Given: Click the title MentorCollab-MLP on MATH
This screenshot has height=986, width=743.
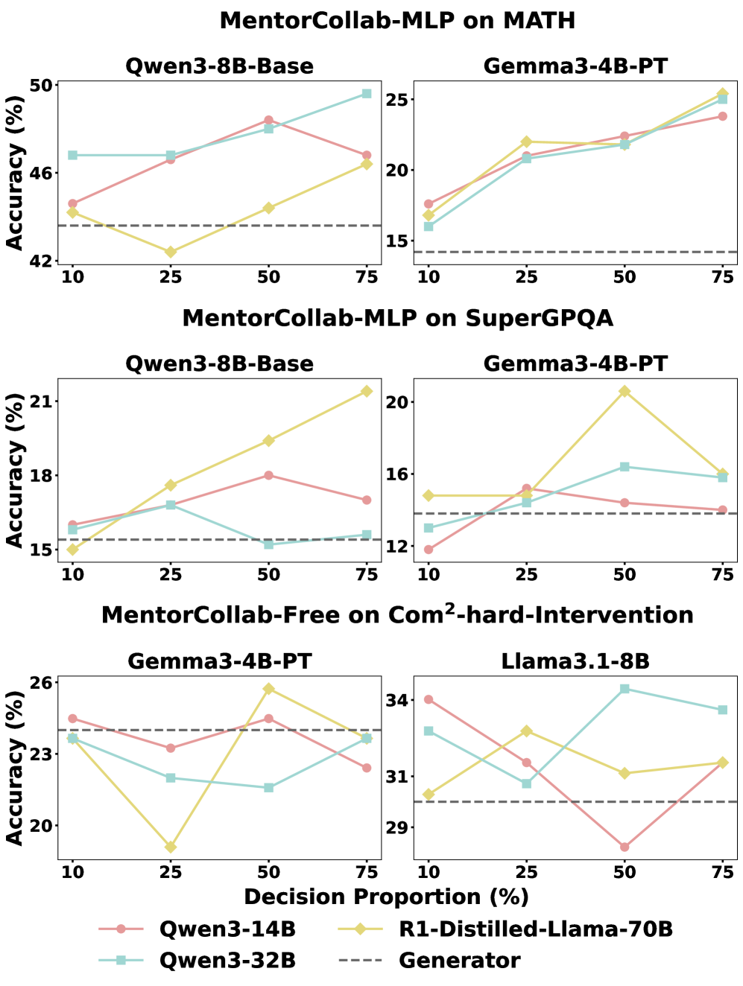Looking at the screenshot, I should point(397,20).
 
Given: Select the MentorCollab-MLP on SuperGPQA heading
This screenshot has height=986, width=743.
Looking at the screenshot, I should point(397,318).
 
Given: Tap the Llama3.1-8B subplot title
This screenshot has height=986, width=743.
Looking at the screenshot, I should point(575,661).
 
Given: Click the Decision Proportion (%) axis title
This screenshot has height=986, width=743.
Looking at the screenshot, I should point(386,897).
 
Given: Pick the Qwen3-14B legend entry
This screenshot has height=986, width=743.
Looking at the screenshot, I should point(227,929).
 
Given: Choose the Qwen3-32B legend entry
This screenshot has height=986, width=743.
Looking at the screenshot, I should point(227,961).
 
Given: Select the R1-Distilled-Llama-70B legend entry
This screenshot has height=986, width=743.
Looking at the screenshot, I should point(535,929).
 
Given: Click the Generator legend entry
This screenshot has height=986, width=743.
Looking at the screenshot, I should point(459,961).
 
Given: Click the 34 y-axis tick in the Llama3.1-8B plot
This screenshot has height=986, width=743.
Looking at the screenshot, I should point(399,700).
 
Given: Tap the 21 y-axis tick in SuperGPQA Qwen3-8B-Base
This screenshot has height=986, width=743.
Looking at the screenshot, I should point(44,402).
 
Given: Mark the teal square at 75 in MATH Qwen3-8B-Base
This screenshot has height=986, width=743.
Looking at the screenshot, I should point(367,94).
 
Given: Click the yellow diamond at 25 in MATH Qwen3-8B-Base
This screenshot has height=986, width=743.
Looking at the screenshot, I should point(171,252).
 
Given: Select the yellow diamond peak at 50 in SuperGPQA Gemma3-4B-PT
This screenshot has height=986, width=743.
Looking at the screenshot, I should point(625,392).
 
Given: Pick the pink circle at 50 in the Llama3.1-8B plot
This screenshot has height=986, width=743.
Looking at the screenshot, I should point(625,847).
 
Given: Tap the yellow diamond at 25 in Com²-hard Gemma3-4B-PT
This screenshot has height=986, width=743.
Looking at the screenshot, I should point(171,847).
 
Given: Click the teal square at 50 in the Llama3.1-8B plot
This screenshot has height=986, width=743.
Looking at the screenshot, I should point(625,689).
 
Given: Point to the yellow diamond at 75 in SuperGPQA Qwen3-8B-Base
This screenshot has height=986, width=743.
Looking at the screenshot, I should point(367,391).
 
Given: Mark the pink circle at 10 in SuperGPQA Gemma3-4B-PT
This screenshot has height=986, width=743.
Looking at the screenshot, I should point(429,550).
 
